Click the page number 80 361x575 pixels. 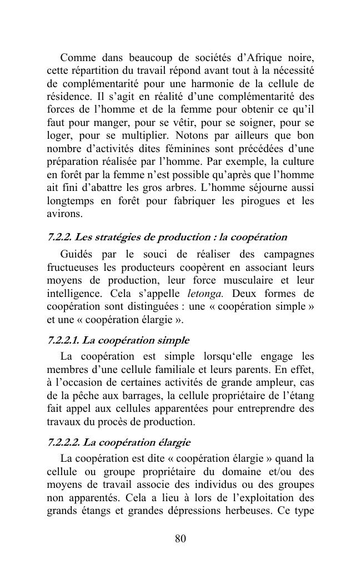tap(180, 538)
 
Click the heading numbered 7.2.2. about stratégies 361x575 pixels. tap(167, 238)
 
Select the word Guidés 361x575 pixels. tap(76, 255)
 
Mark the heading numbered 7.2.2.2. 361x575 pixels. tap(118, 442)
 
